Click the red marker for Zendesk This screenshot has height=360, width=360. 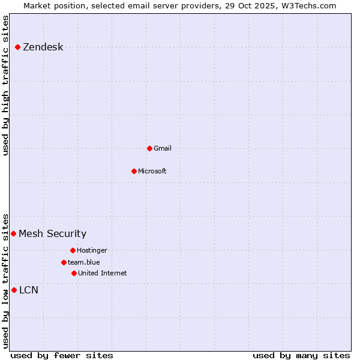pos(17,47)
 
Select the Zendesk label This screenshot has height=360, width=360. pos(43,47)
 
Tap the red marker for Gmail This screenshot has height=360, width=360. pos(149,148)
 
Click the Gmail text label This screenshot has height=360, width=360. pos(162,148)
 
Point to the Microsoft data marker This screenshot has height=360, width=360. pos(134,171)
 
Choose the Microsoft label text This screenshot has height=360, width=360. pos(152,171)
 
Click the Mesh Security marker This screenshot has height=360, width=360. pos(13,233)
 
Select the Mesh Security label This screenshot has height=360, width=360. pos(52,233)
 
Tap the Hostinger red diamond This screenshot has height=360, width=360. pos(73,250)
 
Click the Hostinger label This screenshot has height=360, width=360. pos(92,250)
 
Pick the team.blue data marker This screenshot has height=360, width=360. pos(64,262)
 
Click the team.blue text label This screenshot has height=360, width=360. pos(83,262)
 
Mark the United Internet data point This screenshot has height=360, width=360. pos(74,273)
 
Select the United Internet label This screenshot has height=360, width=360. pos(102,273)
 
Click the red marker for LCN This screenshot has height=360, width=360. pos(14,290)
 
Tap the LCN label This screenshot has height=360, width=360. pos(29,290)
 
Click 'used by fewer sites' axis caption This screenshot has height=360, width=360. pos(62,355)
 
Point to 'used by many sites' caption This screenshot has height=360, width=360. pos(301,355)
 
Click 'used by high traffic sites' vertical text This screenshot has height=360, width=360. pos(6,85)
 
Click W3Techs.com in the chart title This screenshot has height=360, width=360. pos(306,5)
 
